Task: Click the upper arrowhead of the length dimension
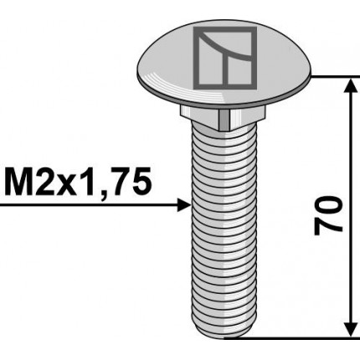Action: pyautogui.click(x=347, y=85)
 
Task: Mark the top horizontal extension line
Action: pyautogui.click(x=335, y=76)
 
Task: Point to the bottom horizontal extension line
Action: pyautogui.click(x=293, y=338)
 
